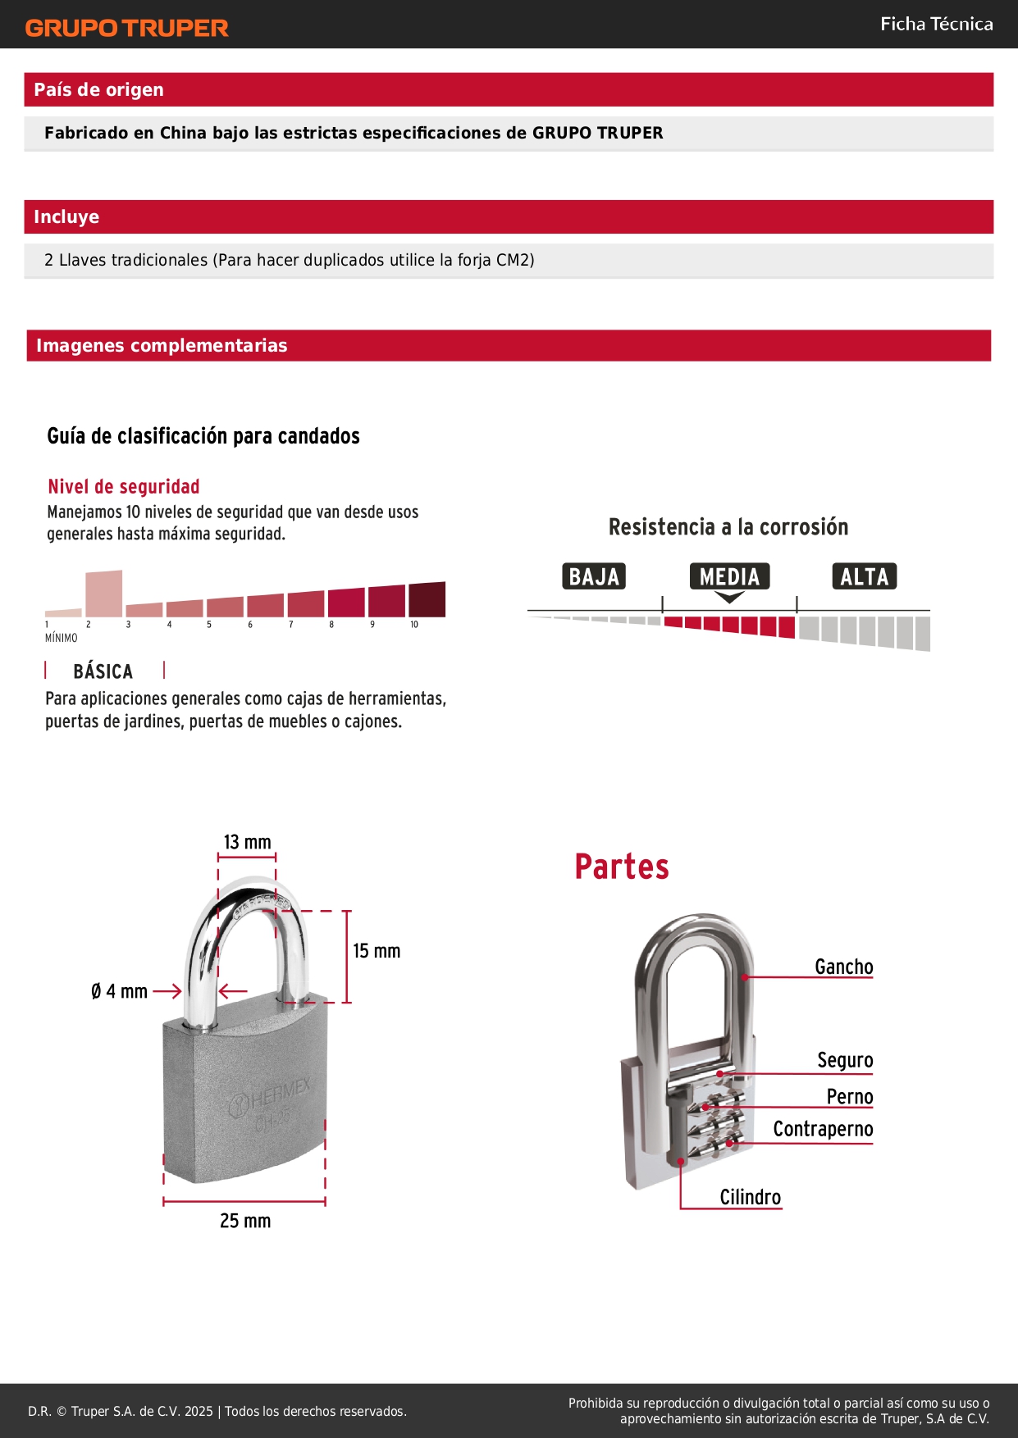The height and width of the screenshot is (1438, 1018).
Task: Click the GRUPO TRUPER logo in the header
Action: pos(126,28)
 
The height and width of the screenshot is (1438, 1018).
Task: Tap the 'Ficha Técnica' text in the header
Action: pos(936,25)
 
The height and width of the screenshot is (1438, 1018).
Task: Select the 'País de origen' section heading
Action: pos(98,90)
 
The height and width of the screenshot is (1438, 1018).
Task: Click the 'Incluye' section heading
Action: pos(66,217)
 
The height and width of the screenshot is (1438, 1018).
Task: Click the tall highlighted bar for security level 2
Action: pos(104,594)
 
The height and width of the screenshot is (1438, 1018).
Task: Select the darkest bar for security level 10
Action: pos(427,599)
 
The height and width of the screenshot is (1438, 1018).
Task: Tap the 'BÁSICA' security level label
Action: pos(103,671)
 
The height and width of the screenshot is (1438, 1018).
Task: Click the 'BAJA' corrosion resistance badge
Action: pos(594,576)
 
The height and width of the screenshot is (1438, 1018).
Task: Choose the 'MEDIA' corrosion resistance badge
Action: pos(729,576)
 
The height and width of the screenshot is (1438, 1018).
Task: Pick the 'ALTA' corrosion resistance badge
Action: pos(864,576)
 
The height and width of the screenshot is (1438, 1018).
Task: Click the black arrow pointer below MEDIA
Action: pos(729,598)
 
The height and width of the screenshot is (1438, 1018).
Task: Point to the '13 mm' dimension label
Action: pos(247,842)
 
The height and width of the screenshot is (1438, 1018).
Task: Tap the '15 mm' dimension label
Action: pos(377,951)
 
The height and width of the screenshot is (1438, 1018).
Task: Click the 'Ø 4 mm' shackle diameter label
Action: pos(120,991)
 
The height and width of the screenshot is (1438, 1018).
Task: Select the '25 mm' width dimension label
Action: pos(245,1221)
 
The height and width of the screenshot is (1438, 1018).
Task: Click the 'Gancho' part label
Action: pos(843,967)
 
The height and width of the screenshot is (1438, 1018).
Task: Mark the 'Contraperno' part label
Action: pos(823,1129)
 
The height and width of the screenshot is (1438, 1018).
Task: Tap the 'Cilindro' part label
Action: pos(750,1197)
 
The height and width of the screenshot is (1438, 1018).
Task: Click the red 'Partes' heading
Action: pos(622,867)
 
